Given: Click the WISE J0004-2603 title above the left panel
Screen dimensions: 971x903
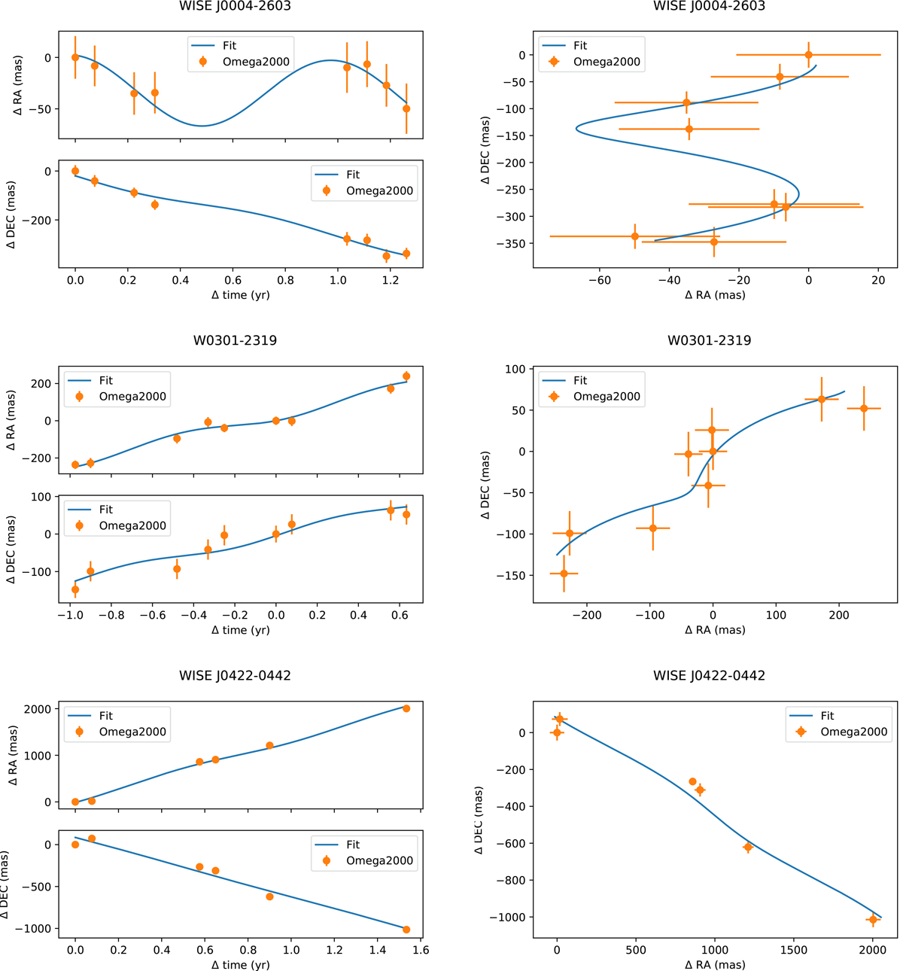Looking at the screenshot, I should [235, 6].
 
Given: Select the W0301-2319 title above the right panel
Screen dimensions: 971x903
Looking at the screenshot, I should [709, 340].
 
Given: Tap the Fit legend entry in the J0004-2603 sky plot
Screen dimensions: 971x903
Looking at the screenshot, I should [580, 46].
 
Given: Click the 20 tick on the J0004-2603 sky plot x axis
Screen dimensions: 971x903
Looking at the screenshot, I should [878, 281].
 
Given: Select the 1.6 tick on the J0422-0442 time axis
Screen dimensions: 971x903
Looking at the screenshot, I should [421, 950].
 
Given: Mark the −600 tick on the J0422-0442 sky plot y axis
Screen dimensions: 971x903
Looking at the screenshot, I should [509, 843].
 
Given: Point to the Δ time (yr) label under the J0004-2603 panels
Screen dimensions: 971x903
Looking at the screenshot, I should [241, 295].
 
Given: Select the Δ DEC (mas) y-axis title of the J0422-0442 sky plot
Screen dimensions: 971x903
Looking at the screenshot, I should [479, 820].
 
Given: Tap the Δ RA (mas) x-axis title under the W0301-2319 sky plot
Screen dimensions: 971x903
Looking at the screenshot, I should [715, 630].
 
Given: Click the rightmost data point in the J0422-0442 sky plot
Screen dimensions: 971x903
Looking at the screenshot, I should [873, 920].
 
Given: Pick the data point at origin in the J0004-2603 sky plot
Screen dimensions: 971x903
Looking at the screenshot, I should [808, 55].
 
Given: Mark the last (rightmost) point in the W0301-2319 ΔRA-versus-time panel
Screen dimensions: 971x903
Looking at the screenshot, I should [406, 376].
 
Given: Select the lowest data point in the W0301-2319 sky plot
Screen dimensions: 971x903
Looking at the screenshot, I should [564, 574].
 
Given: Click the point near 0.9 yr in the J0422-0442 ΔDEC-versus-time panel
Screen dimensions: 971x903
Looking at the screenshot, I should [269, 896].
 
